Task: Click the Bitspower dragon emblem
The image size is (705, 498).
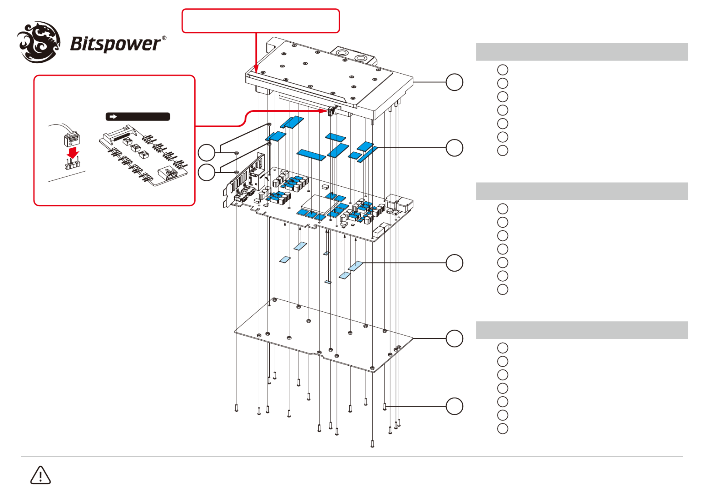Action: [x=39, y=42]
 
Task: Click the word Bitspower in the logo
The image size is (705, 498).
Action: [x=116, y=44]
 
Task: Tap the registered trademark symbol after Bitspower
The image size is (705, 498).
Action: [x=164, y=38]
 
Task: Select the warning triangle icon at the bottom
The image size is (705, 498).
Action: [x=40, y=475]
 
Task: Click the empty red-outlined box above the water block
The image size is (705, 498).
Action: [x=261, y=21]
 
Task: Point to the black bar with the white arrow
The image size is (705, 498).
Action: [x=138, y=117]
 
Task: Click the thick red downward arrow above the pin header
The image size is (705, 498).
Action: [x=73, y=153]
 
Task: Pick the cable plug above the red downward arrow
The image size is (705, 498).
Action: [x=72, y=139]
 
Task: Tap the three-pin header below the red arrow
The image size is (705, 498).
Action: [x=72, y=164]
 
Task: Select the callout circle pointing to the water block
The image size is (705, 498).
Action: [x=454, y=82]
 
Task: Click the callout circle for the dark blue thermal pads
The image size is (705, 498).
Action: [x=454, y=148]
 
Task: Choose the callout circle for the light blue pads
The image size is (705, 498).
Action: [x=454, y=263]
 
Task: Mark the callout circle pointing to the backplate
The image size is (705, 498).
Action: [x=454, y=339]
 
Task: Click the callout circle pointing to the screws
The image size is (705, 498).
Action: [x=454, y=406]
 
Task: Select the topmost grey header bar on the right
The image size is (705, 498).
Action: [x=582, y=52]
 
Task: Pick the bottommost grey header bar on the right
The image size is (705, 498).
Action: [x=582, y=330]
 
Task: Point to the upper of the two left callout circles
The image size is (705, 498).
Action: [x=206, y=153]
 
